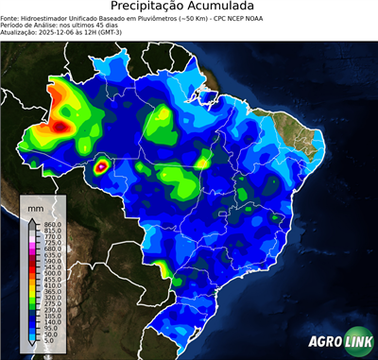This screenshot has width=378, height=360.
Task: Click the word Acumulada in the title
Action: [x=225, y=8]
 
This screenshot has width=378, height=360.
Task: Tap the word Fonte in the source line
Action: [x=10, y=18]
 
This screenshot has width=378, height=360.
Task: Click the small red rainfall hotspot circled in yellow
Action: [x=102, y=167]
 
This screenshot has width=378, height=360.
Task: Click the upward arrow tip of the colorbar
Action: [x=31, y=217]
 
